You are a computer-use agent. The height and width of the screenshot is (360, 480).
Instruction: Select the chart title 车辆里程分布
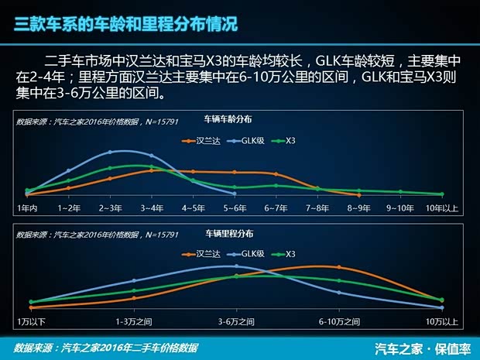click(229, 232)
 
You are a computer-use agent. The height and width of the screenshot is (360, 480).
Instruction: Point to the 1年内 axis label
click(27, 208)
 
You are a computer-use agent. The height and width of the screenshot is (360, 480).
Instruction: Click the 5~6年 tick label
click(235, 208)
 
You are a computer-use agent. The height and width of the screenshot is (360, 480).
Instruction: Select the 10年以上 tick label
click(442, 208)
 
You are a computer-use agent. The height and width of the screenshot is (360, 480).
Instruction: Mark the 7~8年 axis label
click(317, 208)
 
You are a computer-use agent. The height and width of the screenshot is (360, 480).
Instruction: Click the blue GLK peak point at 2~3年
click(111, 152)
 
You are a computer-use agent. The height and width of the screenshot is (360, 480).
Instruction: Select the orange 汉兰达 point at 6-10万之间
click(338, 267)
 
